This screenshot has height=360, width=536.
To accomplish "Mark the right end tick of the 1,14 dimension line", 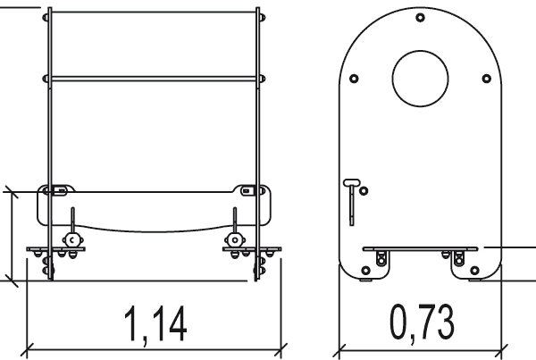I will click(x=284, y=347).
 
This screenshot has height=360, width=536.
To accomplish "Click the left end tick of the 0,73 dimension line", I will click(x=340, y=347).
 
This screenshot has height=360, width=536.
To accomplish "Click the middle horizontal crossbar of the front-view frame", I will click(x=155, y=80).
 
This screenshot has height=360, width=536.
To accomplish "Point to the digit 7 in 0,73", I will click(x=422, y=322).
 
